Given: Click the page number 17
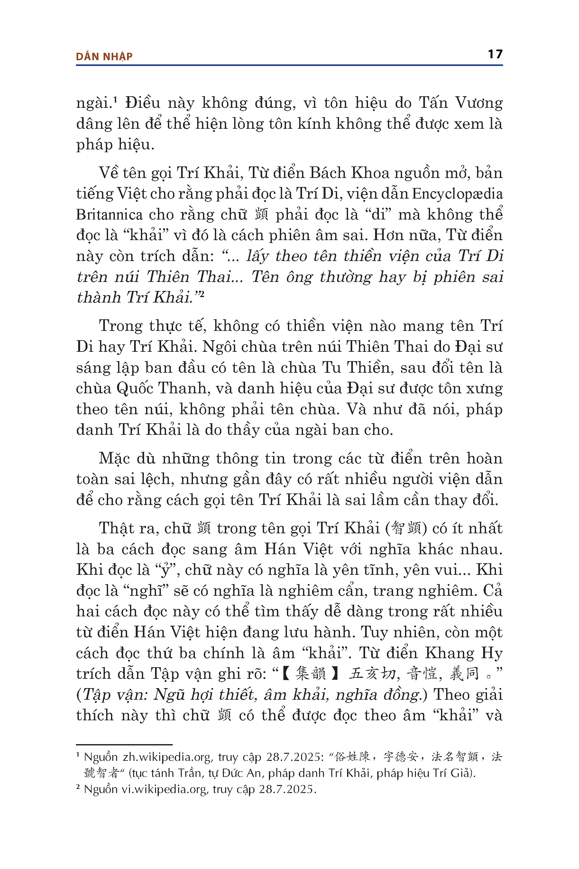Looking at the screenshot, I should (x=495, y=54).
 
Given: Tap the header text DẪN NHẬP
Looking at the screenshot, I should (x=104, y=57).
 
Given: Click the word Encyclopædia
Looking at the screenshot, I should (x=457, y=194).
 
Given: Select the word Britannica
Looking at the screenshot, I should (x=109, y=214).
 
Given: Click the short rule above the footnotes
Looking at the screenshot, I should (x=124, y=744).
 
